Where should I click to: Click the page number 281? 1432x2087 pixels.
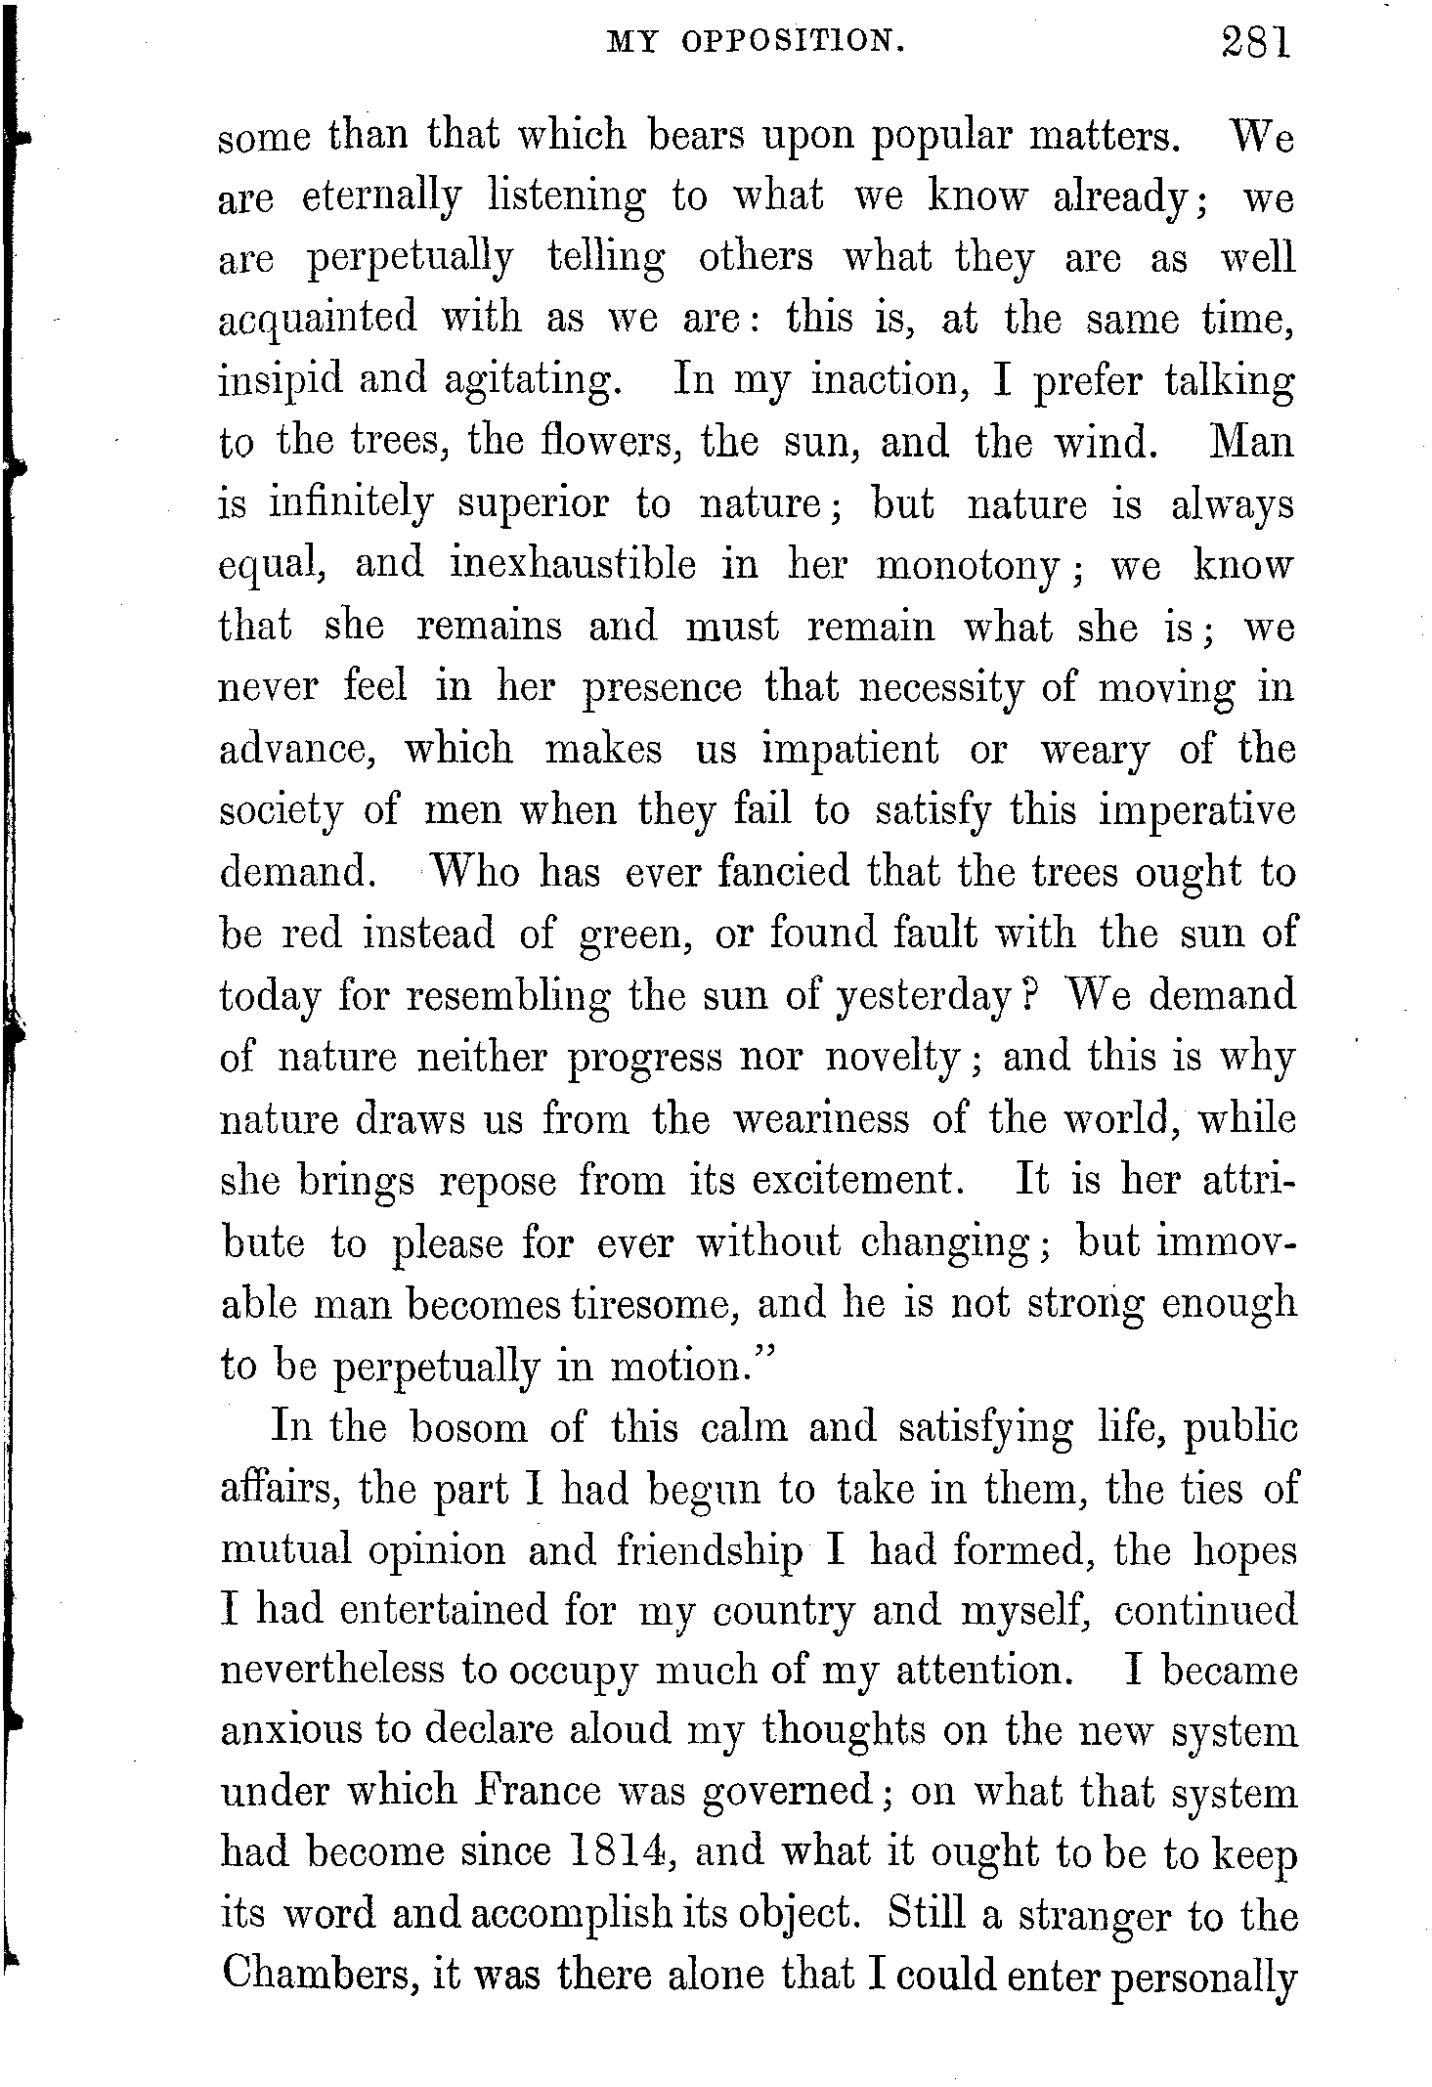tap(1256, 44)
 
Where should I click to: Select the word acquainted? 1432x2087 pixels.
tap(318, 321)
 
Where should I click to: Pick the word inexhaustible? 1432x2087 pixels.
tap(574, 566)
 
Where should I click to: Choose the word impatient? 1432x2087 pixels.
tap(850, 750)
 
